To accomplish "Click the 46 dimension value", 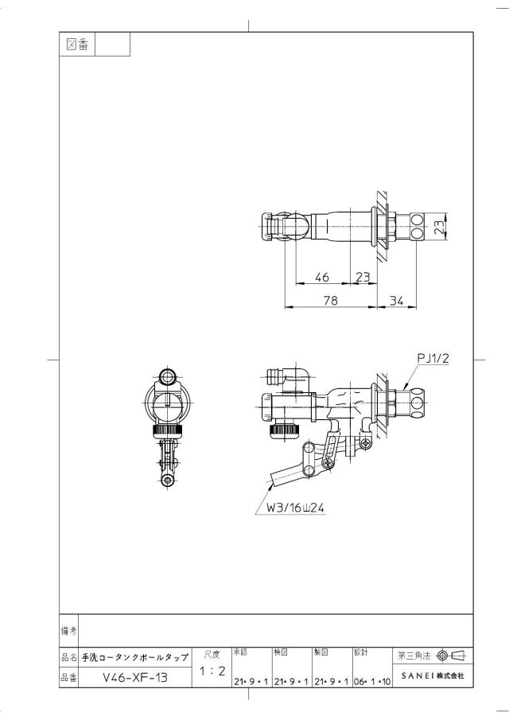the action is click(322, 277).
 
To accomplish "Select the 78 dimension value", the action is click(330, 300).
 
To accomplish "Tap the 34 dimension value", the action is click(396, 300).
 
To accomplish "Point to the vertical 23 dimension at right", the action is click(439, 227).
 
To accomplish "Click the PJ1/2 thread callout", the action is click(433, 358).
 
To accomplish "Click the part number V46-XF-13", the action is click(135, 677).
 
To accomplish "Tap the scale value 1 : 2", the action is click(212, 671).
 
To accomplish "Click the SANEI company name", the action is click(433, 675).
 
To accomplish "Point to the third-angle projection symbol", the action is click(452, 656).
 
